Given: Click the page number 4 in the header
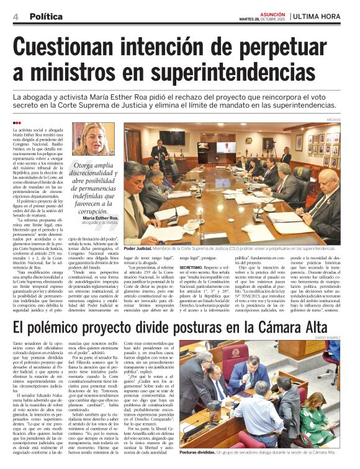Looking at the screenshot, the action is [16, 16].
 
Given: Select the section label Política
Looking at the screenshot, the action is [46, 16].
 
